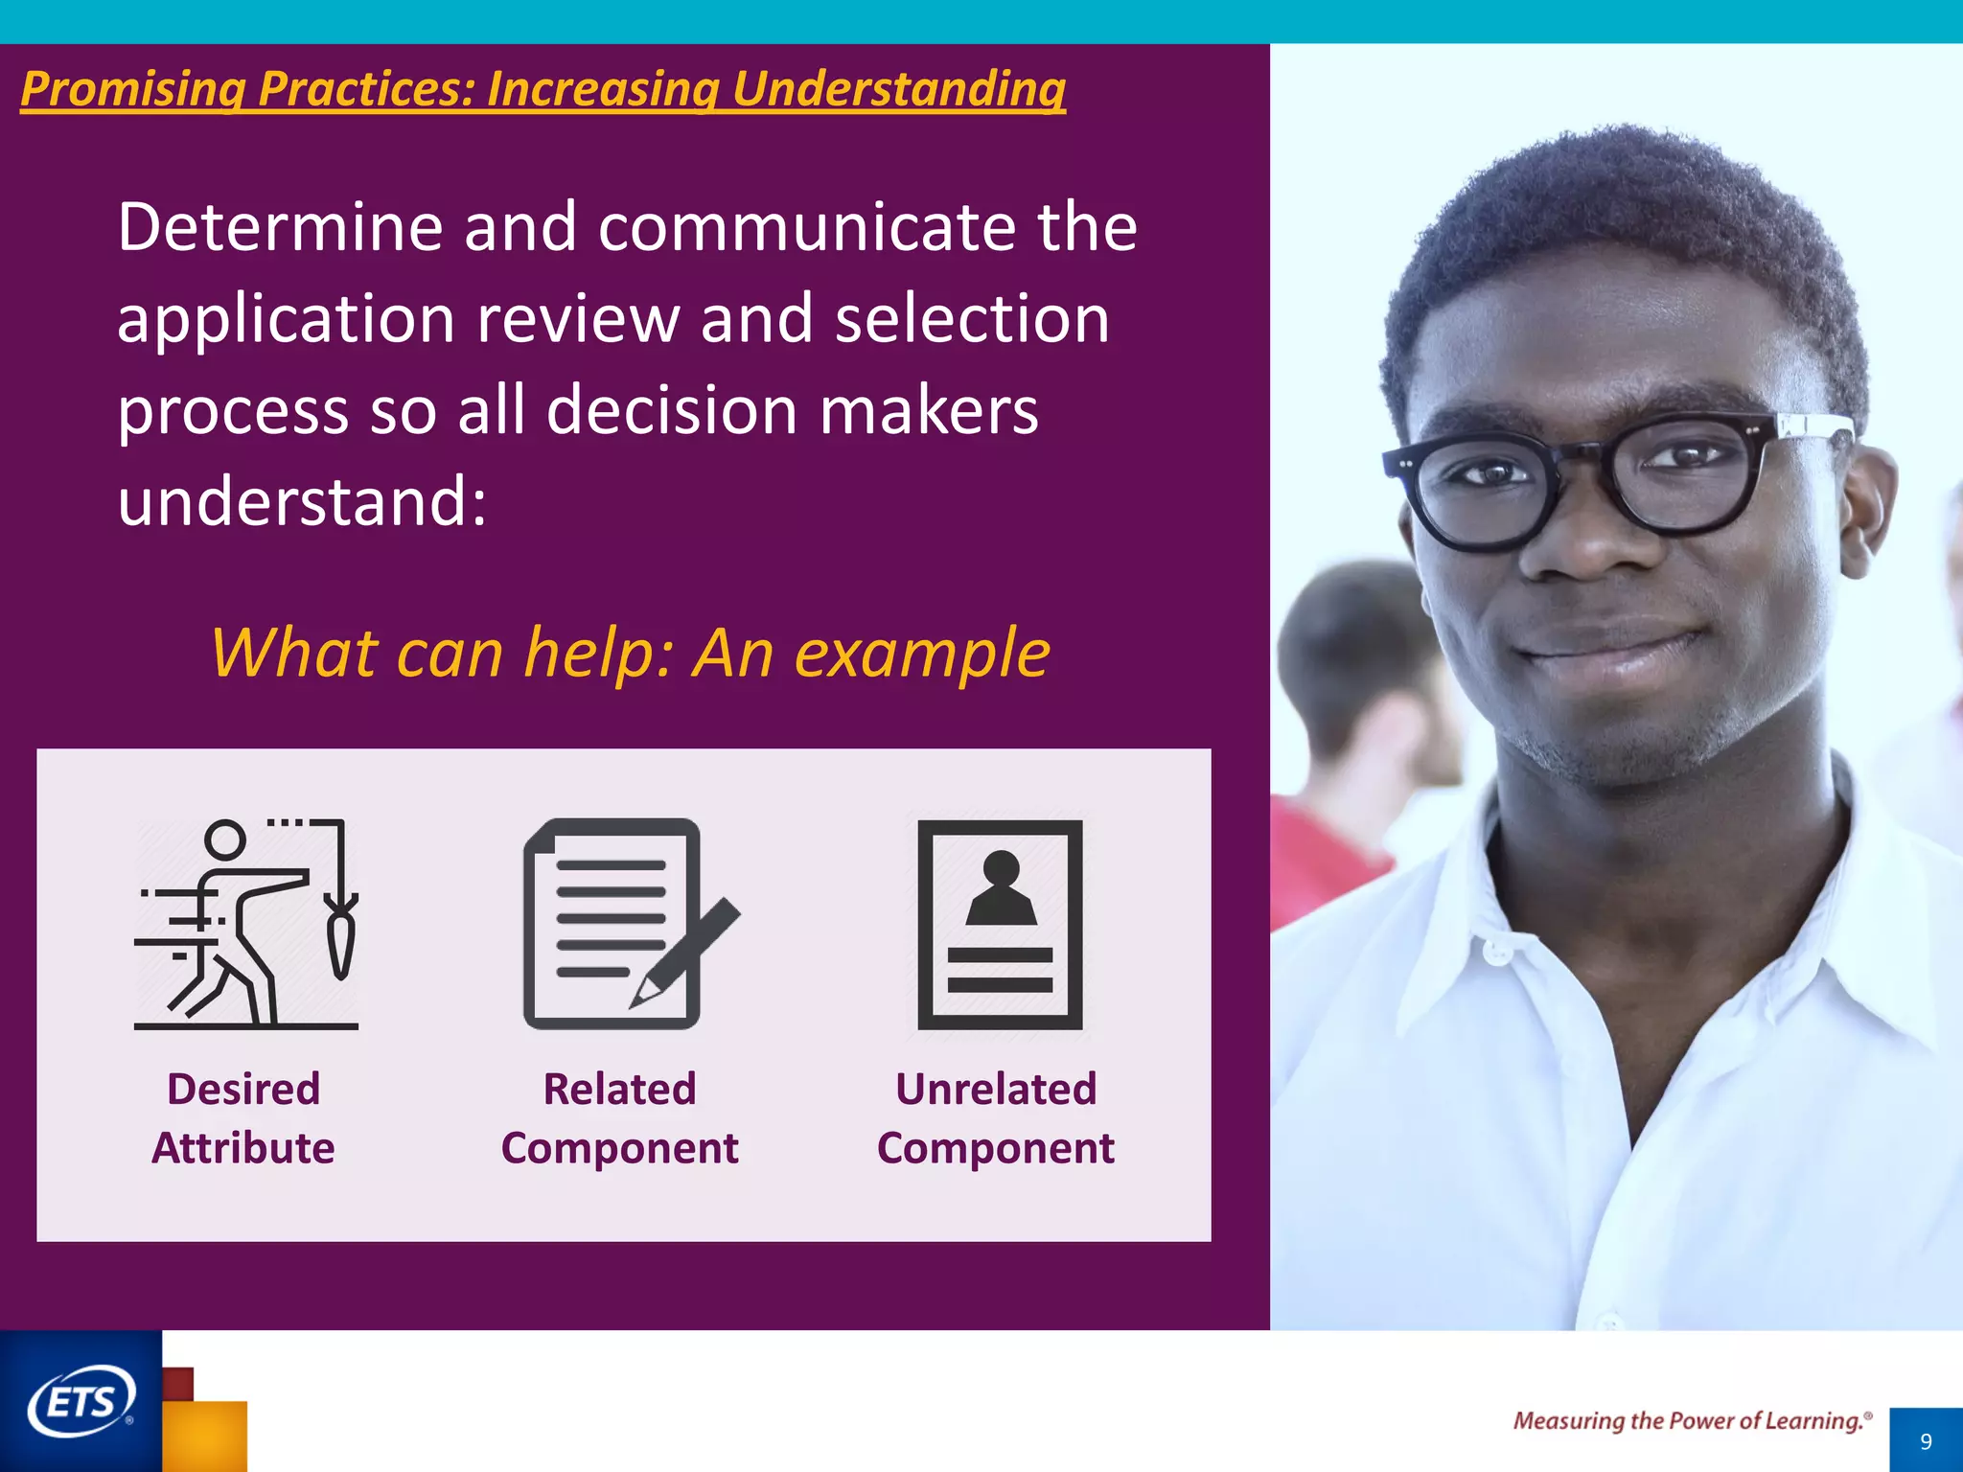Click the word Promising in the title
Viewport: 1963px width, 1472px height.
point(132,89)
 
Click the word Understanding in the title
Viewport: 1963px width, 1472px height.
point(898,89)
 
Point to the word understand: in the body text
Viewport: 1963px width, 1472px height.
point(302,501)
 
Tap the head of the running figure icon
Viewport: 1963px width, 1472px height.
point(225,840)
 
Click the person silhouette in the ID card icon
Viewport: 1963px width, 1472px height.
point(1001,889)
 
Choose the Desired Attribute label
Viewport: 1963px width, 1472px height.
point(243,1118)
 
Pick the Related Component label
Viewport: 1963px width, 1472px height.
point(619,1118)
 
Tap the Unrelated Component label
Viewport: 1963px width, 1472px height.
point(996,1118)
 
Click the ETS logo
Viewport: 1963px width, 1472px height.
point(81,1401)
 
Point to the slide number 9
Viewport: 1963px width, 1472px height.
point(1926,1441)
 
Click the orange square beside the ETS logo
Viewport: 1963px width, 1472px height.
point(205,1435)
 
